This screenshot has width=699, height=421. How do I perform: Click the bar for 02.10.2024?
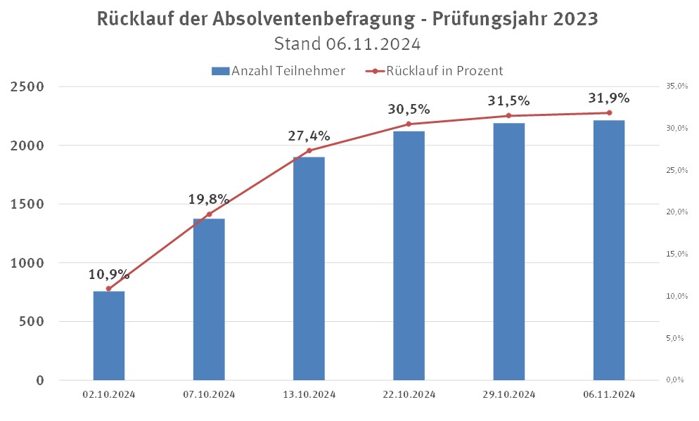tap(108, 335)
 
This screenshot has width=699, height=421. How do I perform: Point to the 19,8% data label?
tap(209, 199)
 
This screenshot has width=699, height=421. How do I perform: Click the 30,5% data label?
tap(409, 110)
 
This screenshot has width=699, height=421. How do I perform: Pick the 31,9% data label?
tap(609, 98)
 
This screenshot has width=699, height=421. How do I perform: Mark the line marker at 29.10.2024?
tap(508, 116)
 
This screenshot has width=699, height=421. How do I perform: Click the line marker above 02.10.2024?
tap(108, 288)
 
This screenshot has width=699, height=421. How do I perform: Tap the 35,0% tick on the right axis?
tap(674, 86)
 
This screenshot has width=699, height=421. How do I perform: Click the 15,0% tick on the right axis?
tap(674, 254)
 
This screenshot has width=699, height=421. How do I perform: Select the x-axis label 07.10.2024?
tap(209, 394)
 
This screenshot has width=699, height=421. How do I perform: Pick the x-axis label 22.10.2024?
tap(409, 394)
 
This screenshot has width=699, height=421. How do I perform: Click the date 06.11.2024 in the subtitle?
tap(373, 44)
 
